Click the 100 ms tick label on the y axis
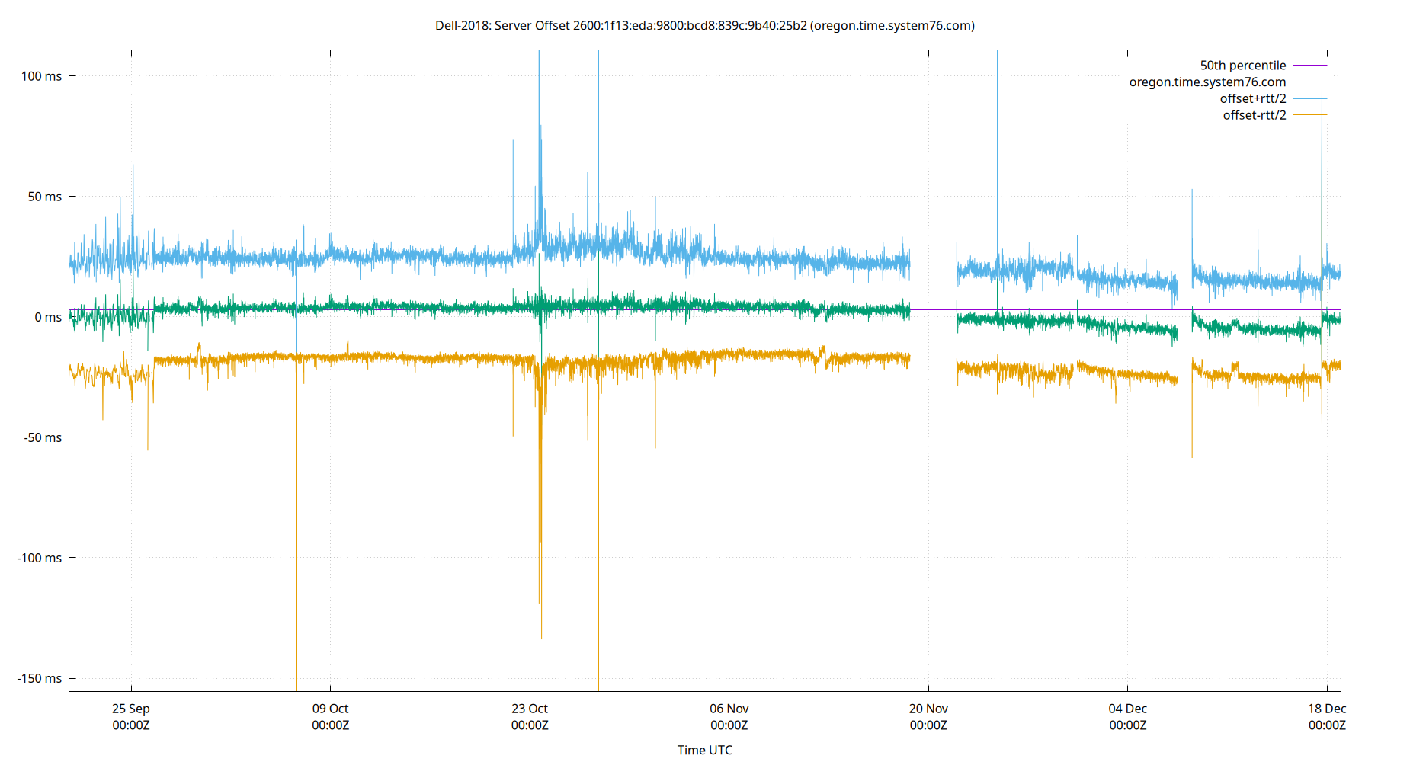(x=41, y=76)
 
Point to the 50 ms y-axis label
(x=44, y=197)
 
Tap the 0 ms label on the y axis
(x=47, y=317)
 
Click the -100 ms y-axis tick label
(x=40, y=558)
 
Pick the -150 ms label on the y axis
(x=40, y=678)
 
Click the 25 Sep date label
(x=131, y=709)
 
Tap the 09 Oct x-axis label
(x=330, y=709)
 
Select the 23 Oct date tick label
(x=530, y=709)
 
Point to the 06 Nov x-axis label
(x=729, y=709)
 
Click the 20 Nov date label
(x=928, y=709)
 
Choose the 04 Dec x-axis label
(x=1127, y=709)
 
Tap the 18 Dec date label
(x=1327, y=709)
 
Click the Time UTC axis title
(x=704, y=750)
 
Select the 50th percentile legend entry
(x=1242, y=66)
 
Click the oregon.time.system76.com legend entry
(x=1207, y=82)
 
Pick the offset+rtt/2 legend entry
(x=1252, y=99)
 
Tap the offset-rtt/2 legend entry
(x=1254, y=116)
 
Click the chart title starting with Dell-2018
(x=704, y=26)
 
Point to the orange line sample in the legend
(x=1309, y=115)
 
